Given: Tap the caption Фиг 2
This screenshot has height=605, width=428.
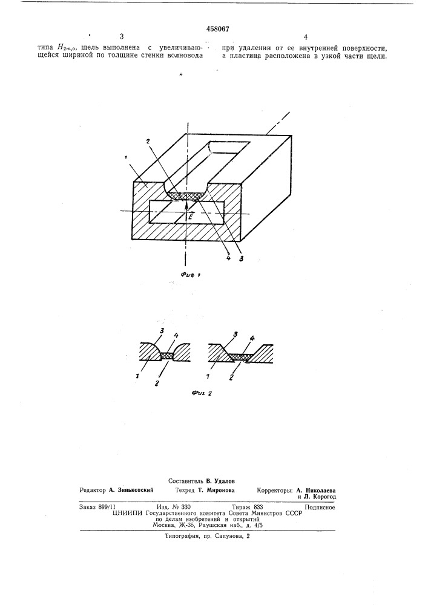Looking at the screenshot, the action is [202, 394].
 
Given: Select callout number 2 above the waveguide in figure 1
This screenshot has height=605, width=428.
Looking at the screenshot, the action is [148, 141].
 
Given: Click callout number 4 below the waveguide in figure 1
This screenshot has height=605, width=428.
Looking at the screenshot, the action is [228, 258].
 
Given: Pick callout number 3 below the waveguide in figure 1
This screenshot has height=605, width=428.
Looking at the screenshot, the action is [240, 258].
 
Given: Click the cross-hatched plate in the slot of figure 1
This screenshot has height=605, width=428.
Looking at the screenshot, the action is [186, 196].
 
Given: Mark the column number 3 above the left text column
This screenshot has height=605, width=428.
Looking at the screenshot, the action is [121, 37].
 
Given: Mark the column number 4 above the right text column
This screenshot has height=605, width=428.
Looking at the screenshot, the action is [306, 37].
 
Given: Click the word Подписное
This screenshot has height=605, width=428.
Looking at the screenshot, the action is [320, 508].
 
